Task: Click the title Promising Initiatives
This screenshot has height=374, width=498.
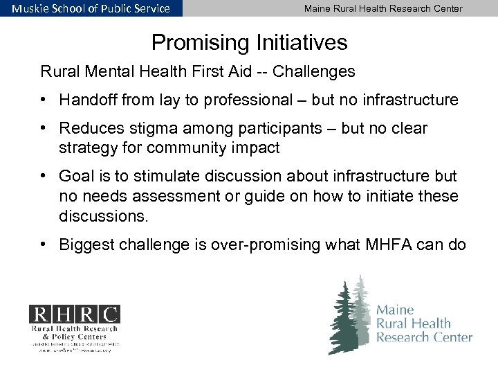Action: click(x=249, y=43)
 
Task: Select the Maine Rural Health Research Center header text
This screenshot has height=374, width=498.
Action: click(x=383, y=8)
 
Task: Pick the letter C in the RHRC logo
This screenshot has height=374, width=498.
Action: click(x=109, y=314)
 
